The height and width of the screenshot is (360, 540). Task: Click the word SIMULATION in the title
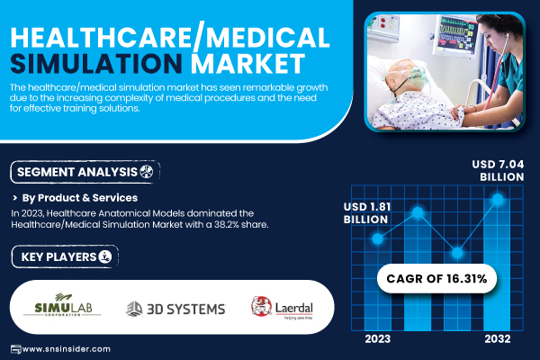(x=96, y=64)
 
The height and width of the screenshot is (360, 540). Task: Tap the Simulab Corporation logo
(x=62, y=305)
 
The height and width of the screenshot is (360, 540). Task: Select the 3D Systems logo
(x=175, y=309)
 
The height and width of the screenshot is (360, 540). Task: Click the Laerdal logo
(x=282, y=308)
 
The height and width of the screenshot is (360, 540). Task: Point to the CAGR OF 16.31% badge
(x=436, y=278)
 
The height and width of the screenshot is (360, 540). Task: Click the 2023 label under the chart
(x=378, y=339)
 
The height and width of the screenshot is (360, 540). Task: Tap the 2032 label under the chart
(x=498, y=339)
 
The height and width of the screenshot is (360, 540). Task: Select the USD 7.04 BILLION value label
(x=498, y=170)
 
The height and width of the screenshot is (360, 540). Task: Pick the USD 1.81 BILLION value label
(x=367, y=213)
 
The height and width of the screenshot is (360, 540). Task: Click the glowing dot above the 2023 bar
(x=378, y=238)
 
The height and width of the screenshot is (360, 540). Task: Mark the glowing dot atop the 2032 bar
(x=498, y=199)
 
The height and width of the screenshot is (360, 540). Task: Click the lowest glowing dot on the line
(x=457, y=253)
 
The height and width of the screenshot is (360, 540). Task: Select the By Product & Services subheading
(x=80, y=198)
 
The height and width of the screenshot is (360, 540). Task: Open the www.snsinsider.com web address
(x=66, y=349)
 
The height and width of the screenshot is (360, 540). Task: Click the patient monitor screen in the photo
(x=456, y=34)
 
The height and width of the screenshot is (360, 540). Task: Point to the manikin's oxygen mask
(x=418, y=77)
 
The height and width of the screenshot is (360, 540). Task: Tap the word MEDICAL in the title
(x=267, y=38)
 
